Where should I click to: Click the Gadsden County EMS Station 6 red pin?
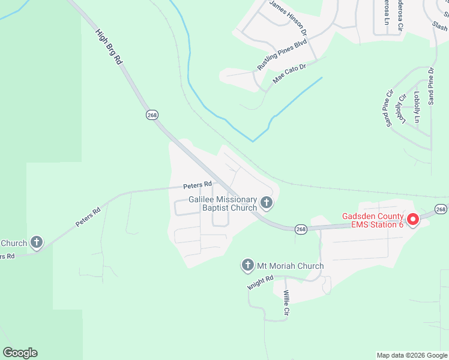413,220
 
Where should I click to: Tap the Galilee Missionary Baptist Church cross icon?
267,203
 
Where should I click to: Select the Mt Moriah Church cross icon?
247,265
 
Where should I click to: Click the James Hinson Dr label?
288,16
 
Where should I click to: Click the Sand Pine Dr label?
430,87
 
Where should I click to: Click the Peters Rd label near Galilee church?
198,185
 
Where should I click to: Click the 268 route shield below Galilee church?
301,229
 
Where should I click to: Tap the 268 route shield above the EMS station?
441,209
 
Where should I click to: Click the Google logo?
20,353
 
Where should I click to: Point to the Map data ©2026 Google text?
411,355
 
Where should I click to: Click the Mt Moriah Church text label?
291,266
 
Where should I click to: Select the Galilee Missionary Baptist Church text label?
223,203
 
